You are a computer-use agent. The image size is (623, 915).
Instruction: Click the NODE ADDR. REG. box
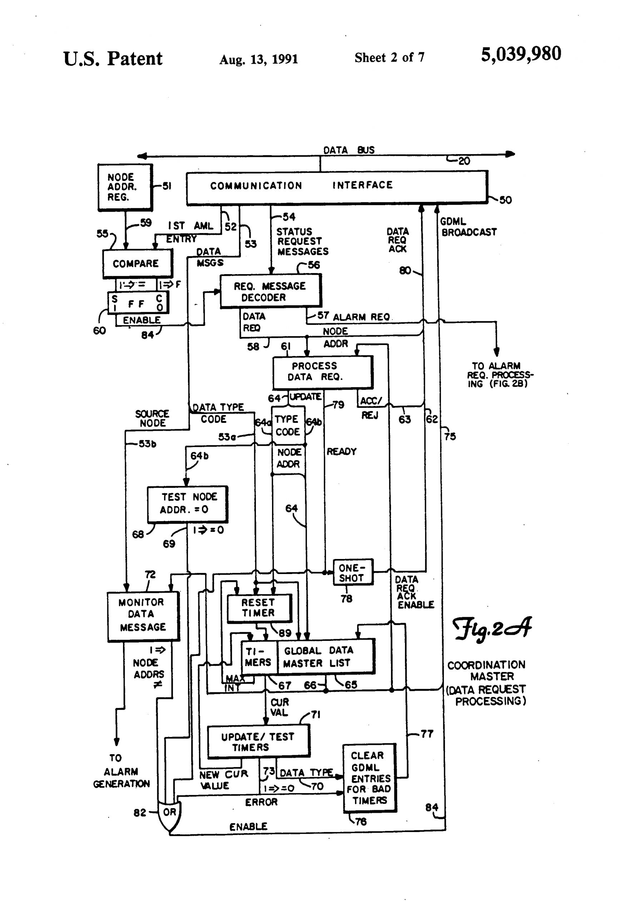pos(125,187)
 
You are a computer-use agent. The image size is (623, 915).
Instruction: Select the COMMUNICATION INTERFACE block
pos(337,187)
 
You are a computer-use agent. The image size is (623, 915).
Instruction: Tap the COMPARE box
pos(137,263)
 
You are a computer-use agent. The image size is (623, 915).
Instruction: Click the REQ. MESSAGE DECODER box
pos(271,291)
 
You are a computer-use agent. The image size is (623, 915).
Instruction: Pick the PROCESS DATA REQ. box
pos(322,372)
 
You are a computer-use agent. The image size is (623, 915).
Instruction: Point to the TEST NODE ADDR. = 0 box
pos(187,504)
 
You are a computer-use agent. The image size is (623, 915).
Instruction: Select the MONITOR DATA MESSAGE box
pos(143,616)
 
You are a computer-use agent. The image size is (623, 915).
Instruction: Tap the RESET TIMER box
pos(259,608)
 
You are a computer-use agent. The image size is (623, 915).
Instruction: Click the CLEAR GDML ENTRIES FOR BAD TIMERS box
pos(369,778)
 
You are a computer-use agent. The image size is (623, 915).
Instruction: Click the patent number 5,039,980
pos(521,54)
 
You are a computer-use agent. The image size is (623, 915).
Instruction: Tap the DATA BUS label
pos(348,150)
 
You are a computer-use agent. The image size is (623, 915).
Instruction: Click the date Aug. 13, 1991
pos(258,59)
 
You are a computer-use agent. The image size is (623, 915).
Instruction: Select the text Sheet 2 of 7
pos(389,58)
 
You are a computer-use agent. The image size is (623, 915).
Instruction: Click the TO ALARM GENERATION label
pos(121,771)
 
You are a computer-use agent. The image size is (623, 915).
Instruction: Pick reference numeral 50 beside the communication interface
pos(505,200)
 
